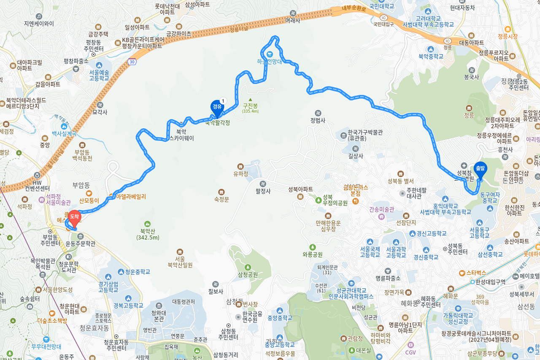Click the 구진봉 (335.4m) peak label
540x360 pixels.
[250, 108]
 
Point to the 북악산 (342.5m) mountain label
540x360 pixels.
[148, 234]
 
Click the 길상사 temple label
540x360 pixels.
[356, 156]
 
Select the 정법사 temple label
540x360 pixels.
[318, 120]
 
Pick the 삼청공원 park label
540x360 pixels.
[248, 274]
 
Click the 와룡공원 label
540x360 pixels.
[312, 254]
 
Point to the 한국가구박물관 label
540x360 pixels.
[365, 132]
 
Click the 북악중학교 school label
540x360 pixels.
[431, 56]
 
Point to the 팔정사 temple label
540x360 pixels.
[262, 191]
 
